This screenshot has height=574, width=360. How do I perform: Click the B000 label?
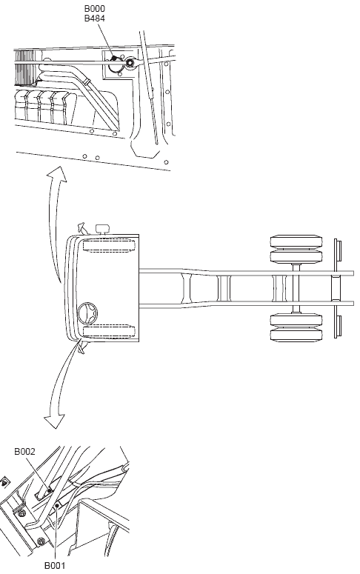[95, 8]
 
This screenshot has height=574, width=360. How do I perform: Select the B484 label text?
[95, 19]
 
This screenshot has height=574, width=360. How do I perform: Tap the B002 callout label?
[25, 452]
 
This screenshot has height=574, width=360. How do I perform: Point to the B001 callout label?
[55, 566]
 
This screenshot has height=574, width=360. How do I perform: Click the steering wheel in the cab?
[87, 313]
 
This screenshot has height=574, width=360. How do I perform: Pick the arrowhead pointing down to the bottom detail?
[54, 421]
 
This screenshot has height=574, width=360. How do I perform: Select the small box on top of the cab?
[102, 230]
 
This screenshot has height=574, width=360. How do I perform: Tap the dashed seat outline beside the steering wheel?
[109, 331]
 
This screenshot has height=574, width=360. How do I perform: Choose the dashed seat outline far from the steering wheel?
[109, 245]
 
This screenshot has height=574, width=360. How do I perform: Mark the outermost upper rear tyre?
[296, 241]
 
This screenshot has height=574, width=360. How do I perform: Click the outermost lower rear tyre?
[296, 336]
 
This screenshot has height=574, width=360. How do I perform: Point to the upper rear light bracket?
[338, 250]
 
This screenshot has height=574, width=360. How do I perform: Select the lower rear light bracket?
[338, 327]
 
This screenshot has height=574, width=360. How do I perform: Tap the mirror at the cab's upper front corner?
[81, 228]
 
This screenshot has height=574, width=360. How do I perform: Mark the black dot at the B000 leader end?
[114, 59]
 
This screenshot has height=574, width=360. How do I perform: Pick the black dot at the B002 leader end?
[50, 490]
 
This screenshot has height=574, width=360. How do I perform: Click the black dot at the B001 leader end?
[57, 506]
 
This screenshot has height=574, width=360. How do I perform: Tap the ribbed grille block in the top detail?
[25, 67]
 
